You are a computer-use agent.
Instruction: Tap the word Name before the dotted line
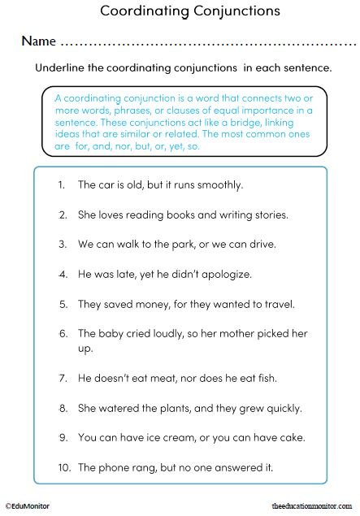38,41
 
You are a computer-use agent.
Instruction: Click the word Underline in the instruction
59,68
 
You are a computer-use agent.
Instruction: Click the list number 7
63,378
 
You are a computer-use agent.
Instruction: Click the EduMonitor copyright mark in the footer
27,505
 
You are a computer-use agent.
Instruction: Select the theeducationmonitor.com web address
314,505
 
